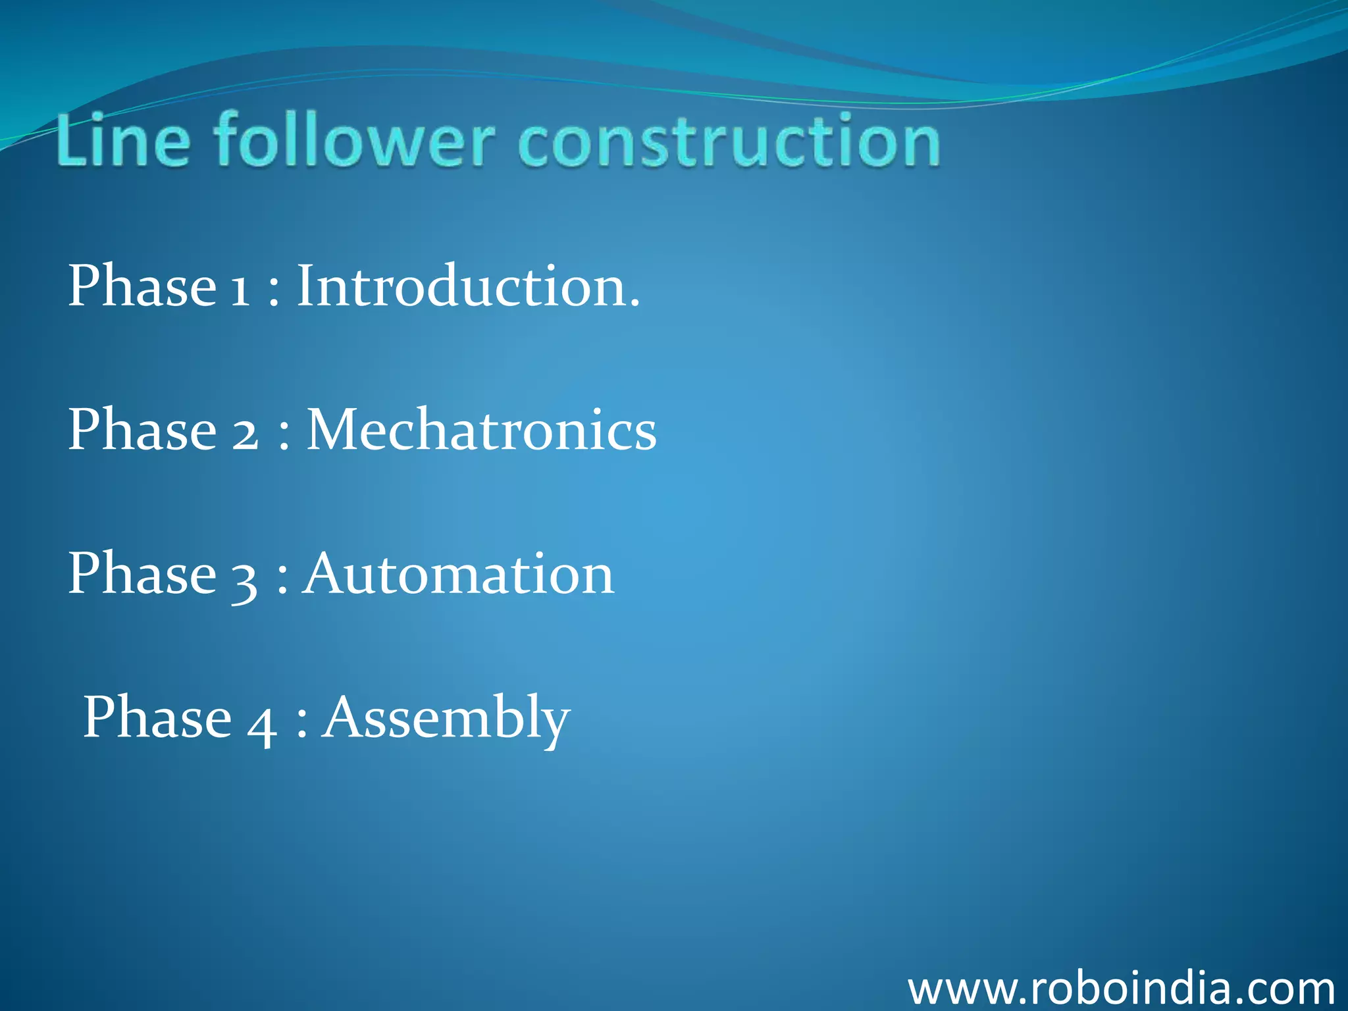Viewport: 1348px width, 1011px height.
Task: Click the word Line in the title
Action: point(123,141)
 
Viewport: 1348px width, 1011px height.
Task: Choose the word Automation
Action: point(459,574)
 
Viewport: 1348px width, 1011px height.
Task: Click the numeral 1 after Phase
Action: point(240,290)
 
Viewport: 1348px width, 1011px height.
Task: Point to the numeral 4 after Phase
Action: point(261,723)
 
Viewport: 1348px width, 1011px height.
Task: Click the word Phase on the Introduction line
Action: point(142,286)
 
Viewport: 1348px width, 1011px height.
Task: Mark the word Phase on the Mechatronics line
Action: point(142,429)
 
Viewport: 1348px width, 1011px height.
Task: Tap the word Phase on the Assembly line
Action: point(157,717)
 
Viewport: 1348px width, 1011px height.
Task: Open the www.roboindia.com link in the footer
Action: point(1121,989)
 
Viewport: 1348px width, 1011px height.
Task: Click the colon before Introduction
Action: point(274,294)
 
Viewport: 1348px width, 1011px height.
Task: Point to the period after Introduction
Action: point(634,304)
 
